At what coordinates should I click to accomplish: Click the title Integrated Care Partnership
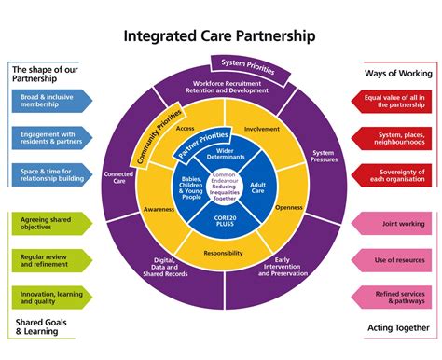[x=220, y=36]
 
